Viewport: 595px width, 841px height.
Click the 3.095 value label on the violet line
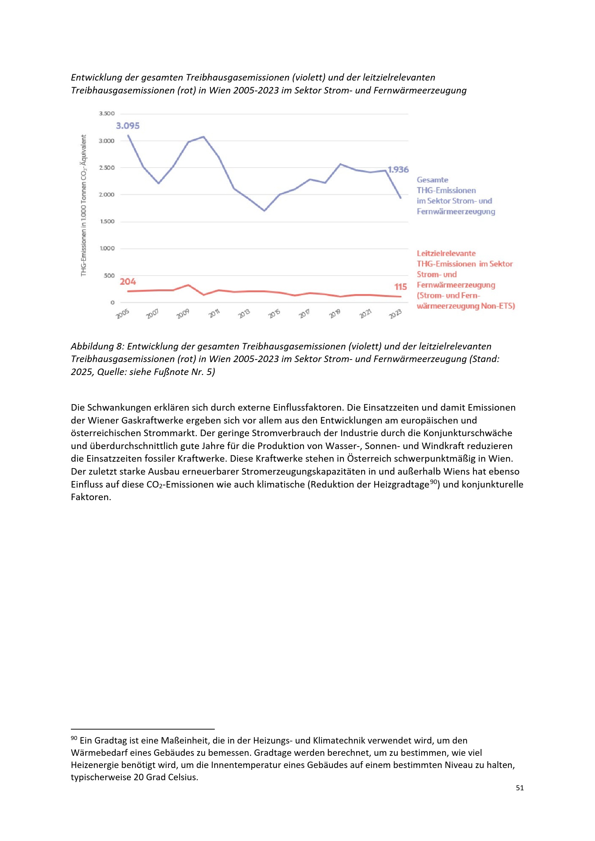(127, 125)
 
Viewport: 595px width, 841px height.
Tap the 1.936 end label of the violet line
(398, 170)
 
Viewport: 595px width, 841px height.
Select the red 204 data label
(127, 281)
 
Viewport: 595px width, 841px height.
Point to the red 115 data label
(400, 287)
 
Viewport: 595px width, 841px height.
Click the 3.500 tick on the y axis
(106, 114)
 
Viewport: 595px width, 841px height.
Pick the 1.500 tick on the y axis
(107, 221)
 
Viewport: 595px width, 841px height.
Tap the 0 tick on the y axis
(113, 302)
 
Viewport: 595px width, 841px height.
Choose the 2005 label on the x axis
(123, 314)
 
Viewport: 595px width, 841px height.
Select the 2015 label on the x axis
(274, 314)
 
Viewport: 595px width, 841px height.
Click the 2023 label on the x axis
(395, 314)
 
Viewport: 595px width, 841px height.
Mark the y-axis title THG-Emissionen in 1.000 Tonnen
(84, 205)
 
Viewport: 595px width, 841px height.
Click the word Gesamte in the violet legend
(432, 180)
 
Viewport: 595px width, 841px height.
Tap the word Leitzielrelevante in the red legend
(446, 253)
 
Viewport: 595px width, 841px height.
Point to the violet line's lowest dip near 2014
(264, 210)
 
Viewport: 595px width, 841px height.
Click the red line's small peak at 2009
(188, 285)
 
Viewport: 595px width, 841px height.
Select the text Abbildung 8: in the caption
(97, 346)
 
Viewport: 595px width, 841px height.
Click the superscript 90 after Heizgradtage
(434, 482)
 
